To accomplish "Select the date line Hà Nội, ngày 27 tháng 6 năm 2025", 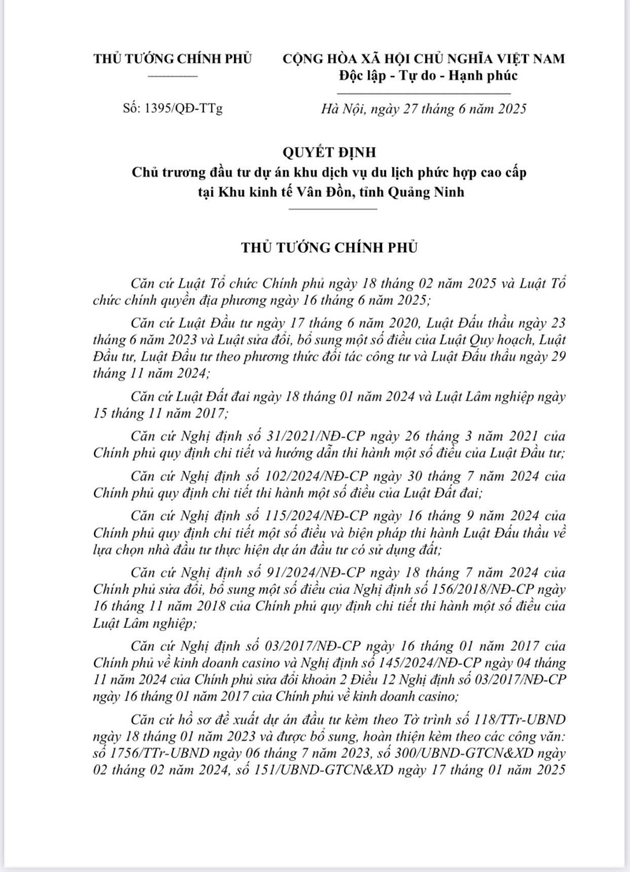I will pyautogui.click(x=424, y=109).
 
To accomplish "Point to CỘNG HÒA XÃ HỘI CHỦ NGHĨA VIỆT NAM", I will pyautogui.click(x=424, y=58).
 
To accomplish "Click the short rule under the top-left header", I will pyautogui.click(x=172, y=75).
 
